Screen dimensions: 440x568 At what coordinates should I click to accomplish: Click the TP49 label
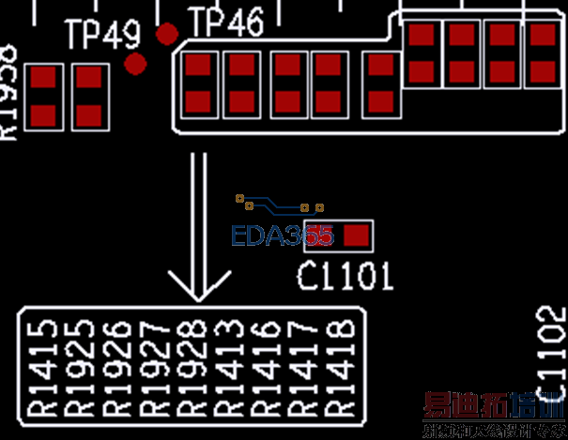(x=103, y=36)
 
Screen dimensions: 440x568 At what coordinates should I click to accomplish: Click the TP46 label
(x=226, y=23)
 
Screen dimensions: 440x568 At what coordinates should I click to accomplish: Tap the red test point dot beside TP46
(x=167, y=35)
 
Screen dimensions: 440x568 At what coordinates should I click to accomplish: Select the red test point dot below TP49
(x=136, y=64)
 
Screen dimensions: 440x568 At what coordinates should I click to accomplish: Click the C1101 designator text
(x=345, y=275)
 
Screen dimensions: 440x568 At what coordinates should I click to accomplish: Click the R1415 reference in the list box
(x=43, y=366)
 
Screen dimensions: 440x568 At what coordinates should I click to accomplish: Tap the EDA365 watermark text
(x=282, y=235)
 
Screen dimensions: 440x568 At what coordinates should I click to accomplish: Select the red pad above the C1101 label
(x=355, y=235)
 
